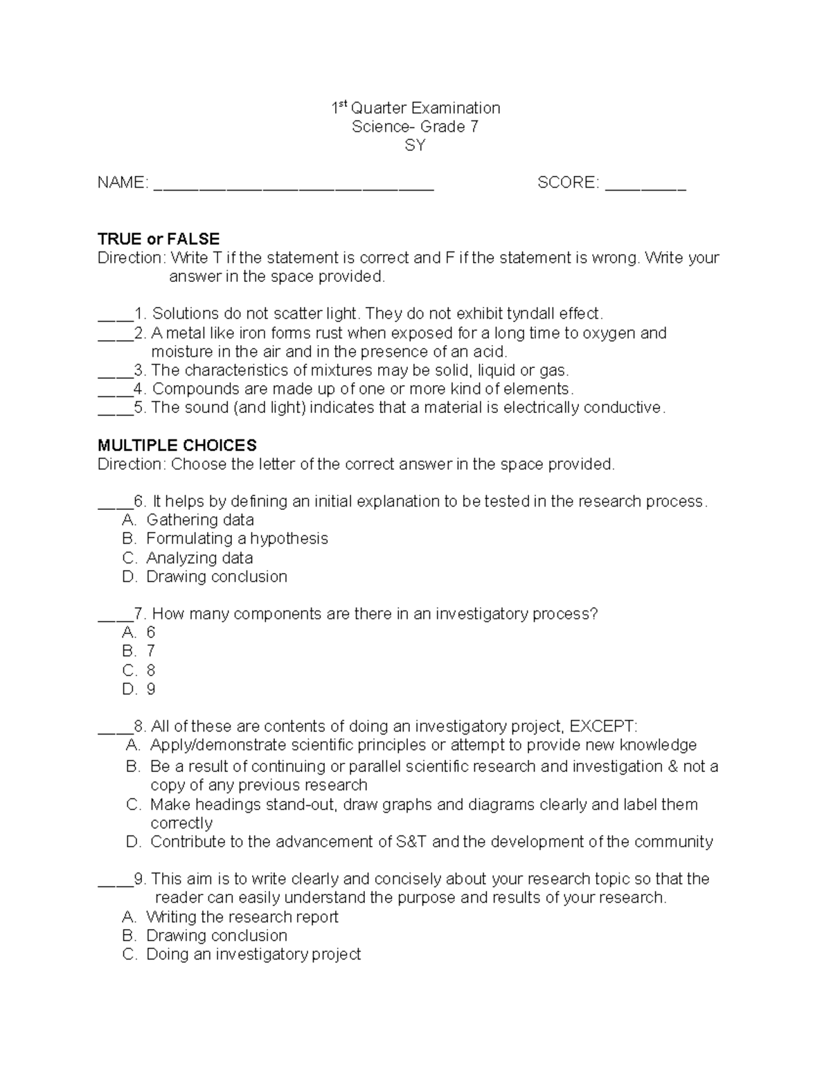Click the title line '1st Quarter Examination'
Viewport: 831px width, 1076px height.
tap(415, 108)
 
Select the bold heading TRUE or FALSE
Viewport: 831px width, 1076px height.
tap(159, 239)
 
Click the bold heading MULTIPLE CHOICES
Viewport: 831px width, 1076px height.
tap(177, 445)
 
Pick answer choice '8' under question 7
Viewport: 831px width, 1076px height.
tap(150, 671)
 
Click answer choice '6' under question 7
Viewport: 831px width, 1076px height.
tap(150, 633)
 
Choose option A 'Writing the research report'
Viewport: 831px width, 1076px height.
tap(242, 917)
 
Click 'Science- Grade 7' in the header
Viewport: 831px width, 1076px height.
tap(415, 127)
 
